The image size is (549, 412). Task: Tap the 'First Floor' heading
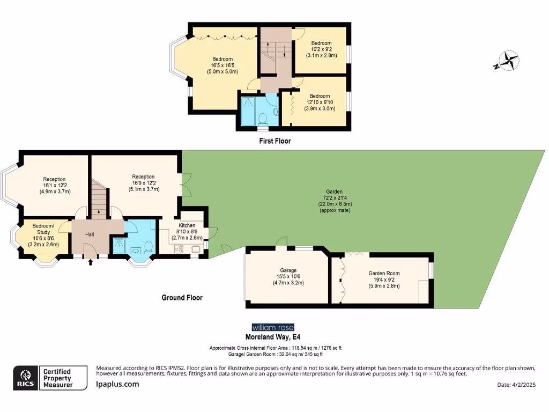point(274,141)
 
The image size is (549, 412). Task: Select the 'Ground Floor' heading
point(182,298)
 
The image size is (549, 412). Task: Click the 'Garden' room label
point(333,192)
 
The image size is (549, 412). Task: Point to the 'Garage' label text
point(288,270)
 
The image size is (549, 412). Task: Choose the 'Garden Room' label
point(384,274)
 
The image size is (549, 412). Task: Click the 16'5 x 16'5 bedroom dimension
point(222,65)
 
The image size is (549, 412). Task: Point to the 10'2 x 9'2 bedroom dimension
point(322,49)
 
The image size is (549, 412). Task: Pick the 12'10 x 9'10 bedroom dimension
point(321,102)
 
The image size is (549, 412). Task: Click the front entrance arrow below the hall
point(90,262)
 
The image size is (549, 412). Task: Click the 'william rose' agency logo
point(273,327)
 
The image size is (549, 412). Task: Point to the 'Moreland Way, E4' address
point(273,337)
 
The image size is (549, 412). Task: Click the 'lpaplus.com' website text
point(117,384)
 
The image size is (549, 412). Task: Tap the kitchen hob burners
point(180,248)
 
